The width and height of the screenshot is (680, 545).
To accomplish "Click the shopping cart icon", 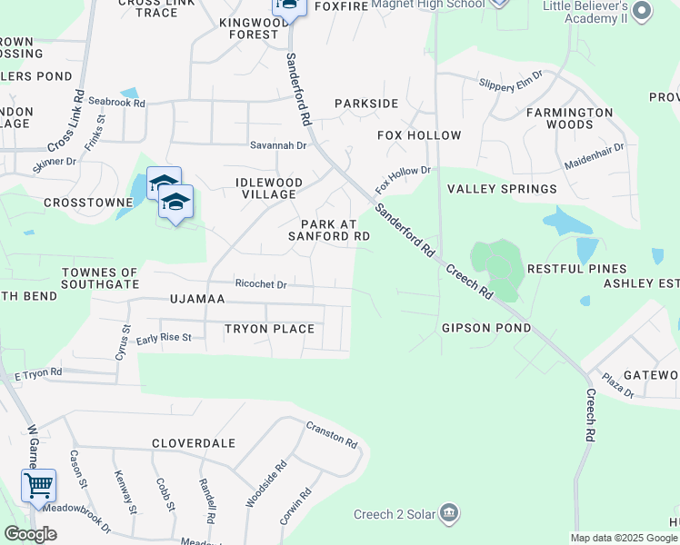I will click(38, 486).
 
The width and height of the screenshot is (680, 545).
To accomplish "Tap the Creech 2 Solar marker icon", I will click(448, 515).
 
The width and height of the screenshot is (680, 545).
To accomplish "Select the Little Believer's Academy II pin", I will click(642, 11).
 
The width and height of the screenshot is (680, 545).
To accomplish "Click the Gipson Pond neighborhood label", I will click(486, 328).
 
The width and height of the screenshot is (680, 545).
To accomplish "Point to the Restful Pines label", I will click(577, 269).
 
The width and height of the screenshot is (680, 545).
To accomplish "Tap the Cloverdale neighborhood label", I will click(194, 443).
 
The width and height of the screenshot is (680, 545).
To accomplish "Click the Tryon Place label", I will click(270, 329).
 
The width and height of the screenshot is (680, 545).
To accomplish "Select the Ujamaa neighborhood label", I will click(196, 298).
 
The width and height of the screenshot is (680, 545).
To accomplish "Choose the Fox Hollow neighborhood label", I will click(419, 135).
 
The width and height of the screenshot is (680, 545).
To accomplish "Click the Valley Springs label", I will click(502, 189).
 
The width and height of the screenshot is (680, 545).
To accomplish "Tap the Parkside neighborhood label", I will click(366, 104).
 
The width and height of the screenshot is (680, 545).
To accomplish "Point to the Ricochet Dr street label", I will click(261, 284).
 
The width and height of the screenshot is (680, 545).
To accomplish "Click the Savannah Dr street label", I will click(279, 145).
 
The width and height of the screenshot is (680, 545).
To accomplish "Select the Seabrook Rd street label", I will click(117, 104).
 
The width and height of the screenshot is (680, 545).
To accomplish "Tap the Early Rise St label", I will click(164, 338).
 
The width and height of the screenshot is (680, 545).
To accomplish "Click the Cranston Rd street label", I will click(332, 434).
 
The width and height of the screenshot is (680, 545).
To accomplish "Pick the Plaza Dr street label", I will click(618, 386).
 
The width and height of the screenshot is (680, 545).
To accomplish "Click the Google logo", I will click(30, 534).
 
